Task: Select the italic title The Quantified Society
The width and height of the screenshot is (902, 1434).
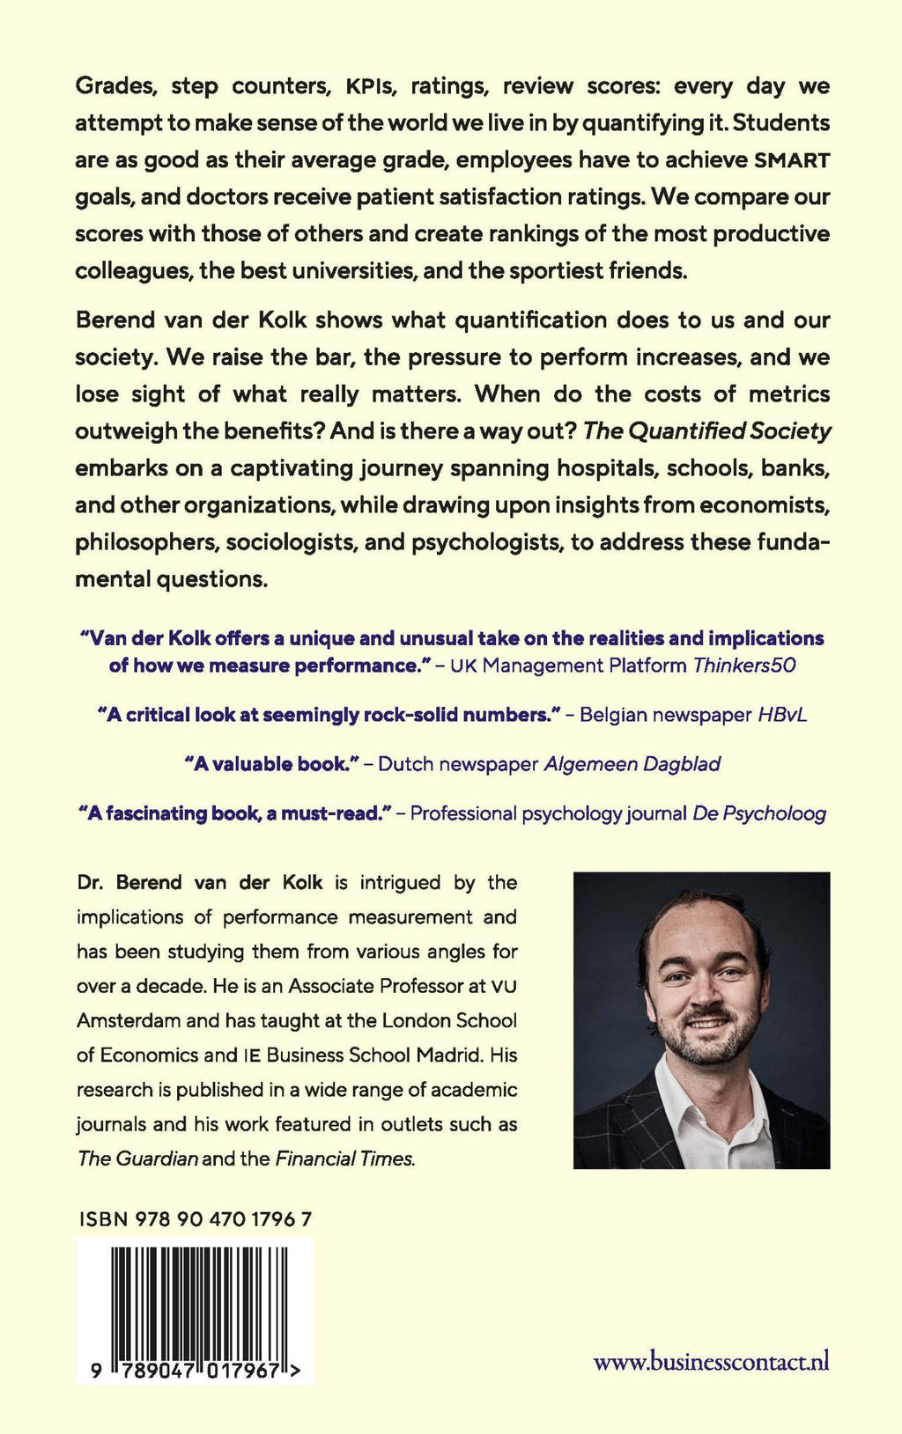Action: tap(707, 431)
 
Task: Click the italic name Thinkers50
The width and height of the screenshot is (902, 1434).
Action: tap(744, 666)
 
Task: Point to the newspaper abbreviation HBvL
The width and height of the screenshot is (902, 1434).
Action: tap(782, 715)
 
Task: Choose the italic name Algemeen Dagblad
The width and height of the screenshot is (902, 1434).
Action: tap(632, 764)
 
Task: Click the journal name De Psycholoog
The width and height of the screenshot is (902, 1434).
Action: tap(759, 813)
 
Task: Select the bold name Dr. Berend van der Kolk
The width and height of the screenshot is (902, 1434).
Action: tap(200, 882)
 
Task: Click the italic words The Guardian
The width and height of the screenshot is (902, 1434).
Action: tap(137, 1158)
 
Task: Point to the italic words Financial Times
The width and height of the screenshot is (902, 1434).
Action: tap(344, 1158)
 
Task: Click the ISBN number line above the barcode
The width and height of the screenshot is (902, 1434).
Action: tap(195, 1219)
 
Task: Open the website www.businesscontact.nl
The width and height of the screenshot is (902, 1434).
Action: tap(712, 1363)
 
